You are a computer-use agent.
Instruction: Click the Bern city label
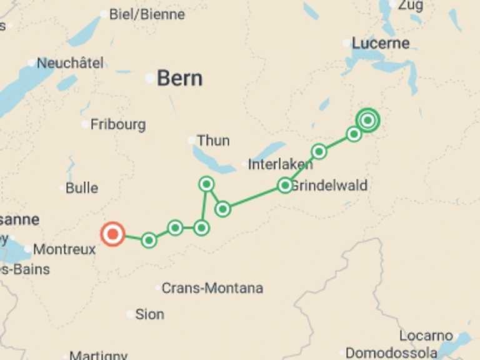[179, 79]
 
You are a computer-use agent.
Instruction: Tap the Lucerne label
[381, 43]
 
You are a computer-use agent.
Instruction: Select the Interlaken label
[280, 165]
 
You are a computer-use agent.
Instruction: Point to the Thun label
[213, 141]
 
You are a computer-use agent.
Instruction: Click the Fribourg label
[117, 124]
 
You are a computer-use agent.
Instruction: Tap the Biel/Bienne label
[147, 14]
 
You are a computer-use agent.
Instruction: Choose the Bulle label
[82, 187]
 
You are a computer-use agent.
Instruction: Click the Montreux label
[64, 249]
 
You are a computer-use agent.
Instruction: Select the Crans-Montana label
[212, 288]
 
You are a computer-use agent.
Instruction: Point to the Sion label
[149, 314]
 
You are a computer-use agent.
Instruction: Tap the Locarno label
[426, 336]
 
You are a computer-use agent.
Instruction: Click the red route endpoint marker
[112, 234]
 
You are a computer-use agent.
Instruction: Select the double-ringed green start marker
[367, 120]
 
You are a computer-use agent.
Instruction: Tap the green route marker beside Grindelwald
[285, 185]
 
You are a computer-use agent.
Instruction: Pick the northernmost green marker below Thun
[206, 184]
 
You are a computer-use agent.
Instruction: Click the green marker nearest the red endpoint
[149, 240]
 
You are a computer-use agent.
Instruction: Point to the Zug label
[409, 5]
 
